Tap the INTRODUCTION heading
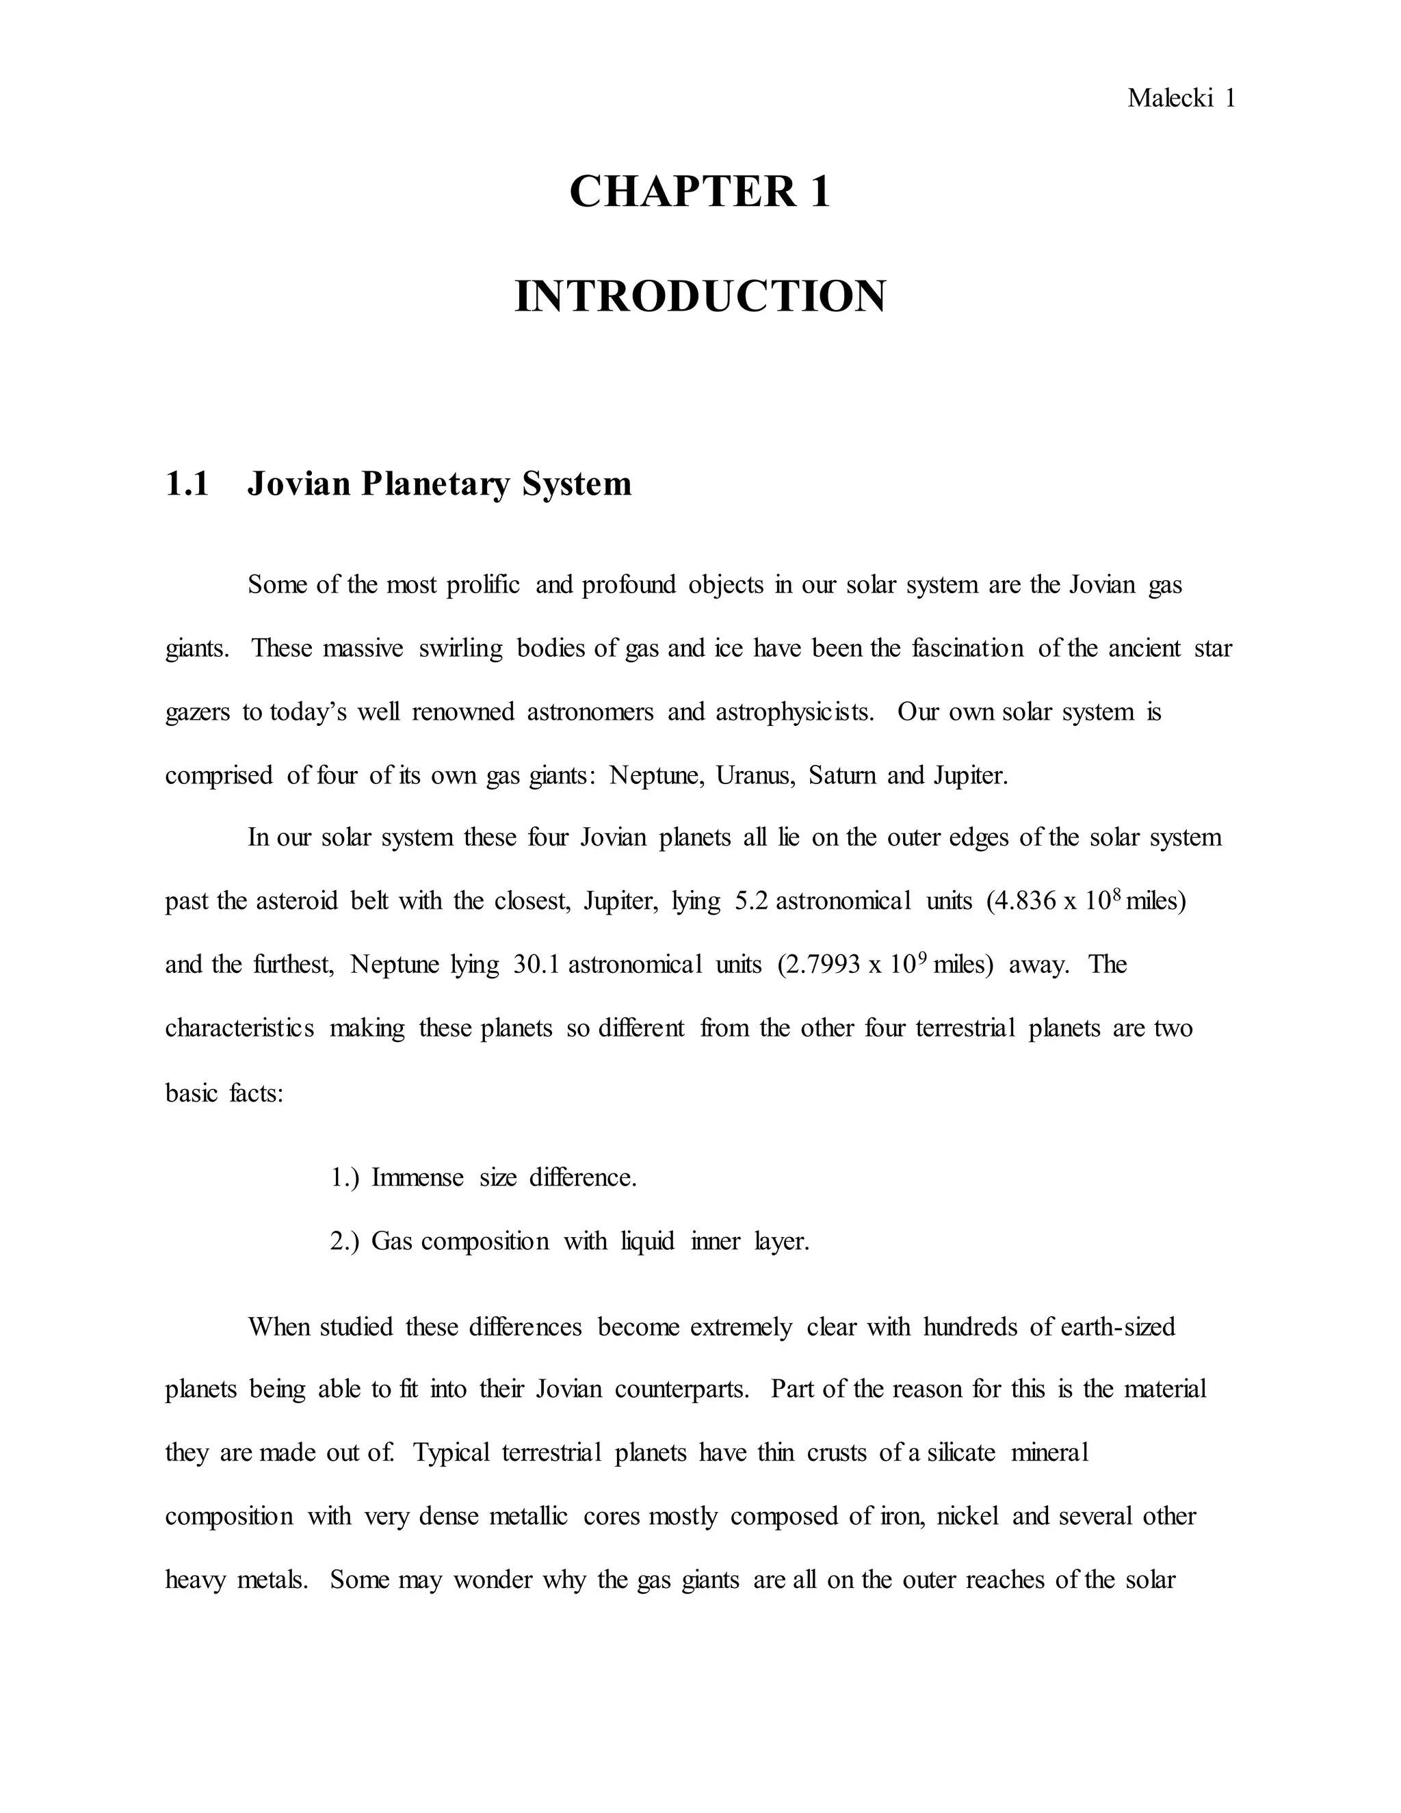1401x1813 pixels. click(700, 297)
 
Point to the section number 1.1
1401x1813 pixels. click(187, 484)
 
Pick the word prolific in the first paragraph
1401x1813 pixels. click(483, 585)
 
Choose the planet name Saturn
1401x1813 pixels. click(842, 775)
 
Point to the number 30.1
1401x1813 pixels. click(537, 965)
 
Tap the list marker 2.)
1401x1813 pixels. click(345, 1241)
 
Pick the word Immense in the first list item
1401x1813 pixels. click(417, 1178)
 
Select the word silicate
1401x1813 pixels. click(961, 1454)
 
